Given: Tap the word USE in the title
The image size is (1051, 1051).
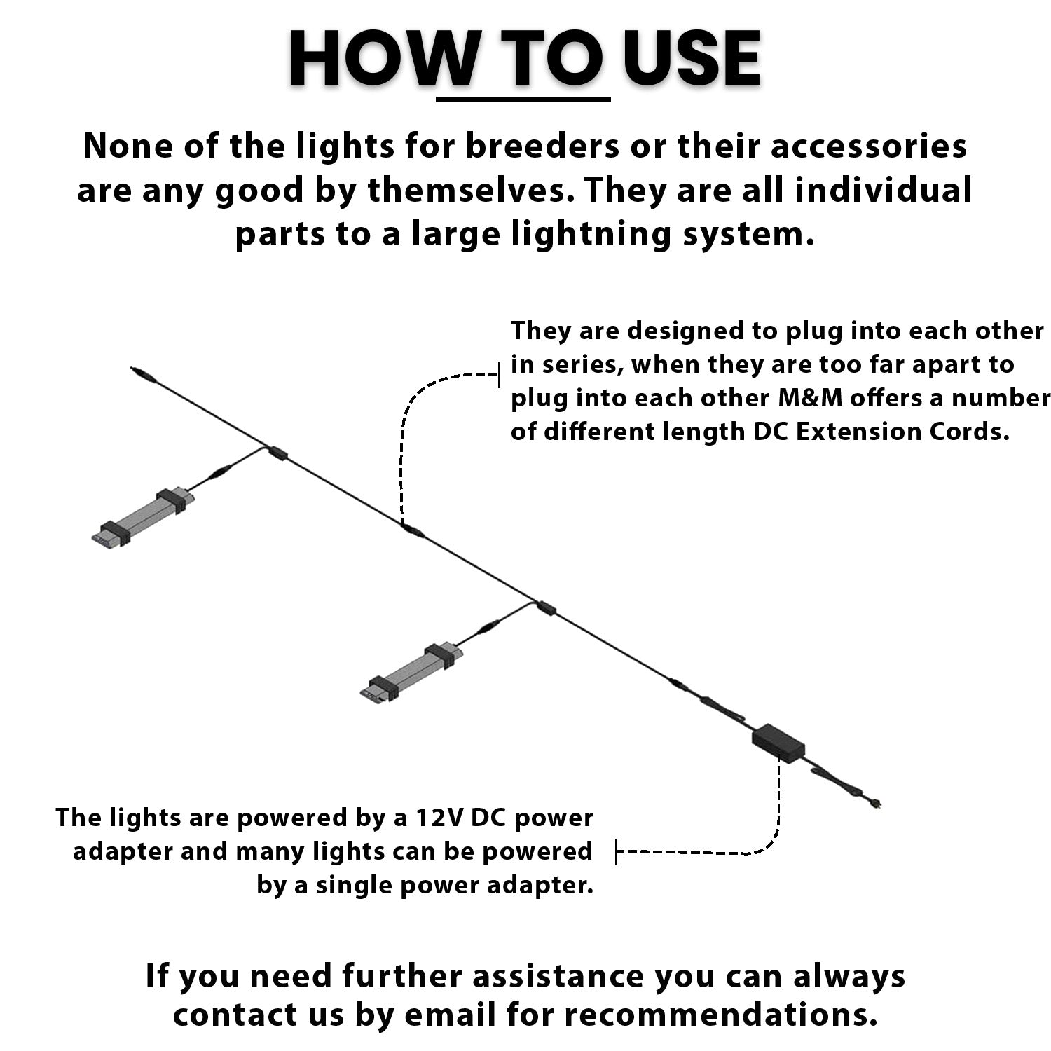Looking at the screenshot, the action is click(x=691, y=59).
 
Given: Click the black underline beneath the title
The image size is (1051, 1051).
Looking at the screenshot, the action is click(x=523, y=99).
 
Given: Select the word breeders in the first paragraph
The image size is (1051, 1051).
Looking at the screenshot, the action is click(x=543, y=146).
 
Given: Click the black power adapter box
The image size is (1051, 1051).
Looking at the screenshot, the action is click(x=778, y=743).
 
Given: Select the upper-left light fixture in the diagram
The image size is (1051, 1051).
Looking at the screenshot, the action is click(x=143, y=517).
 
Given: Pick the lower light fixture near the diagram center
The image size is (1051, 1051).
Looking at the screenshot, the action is click(x=412, y=673).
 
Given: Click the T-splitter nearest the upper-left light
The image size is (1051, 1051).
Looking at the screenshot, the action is click(x=278, y=453).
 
